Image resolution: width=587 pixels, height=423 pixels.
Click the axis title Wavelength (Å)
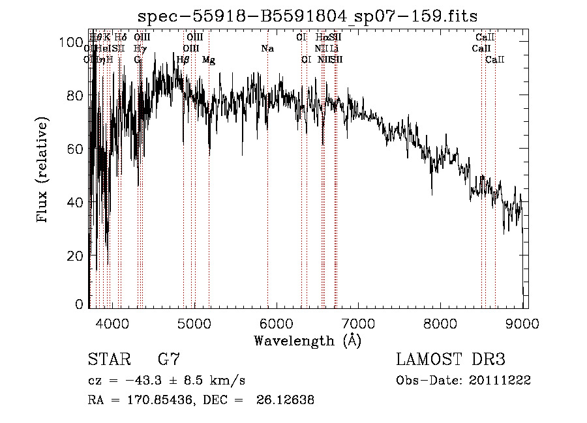point(308,340)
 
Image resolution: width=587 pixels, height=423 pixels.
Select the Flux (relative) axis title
point(44,171)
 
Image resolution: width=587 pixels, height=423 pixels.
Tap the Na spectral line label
point(267,48)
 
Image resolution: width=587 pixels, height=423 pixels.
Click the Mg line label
point(209,59)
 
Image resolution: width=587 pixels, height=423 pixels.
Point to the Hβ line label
point(183,59)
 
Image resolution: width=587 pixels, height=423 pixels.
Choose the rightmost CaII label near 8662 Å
point(495,59)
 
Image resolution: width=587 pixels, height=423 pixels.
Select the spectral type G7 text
point(169,359)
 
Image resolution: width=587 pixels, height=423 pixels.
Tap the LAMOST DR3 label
point(451,359)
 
